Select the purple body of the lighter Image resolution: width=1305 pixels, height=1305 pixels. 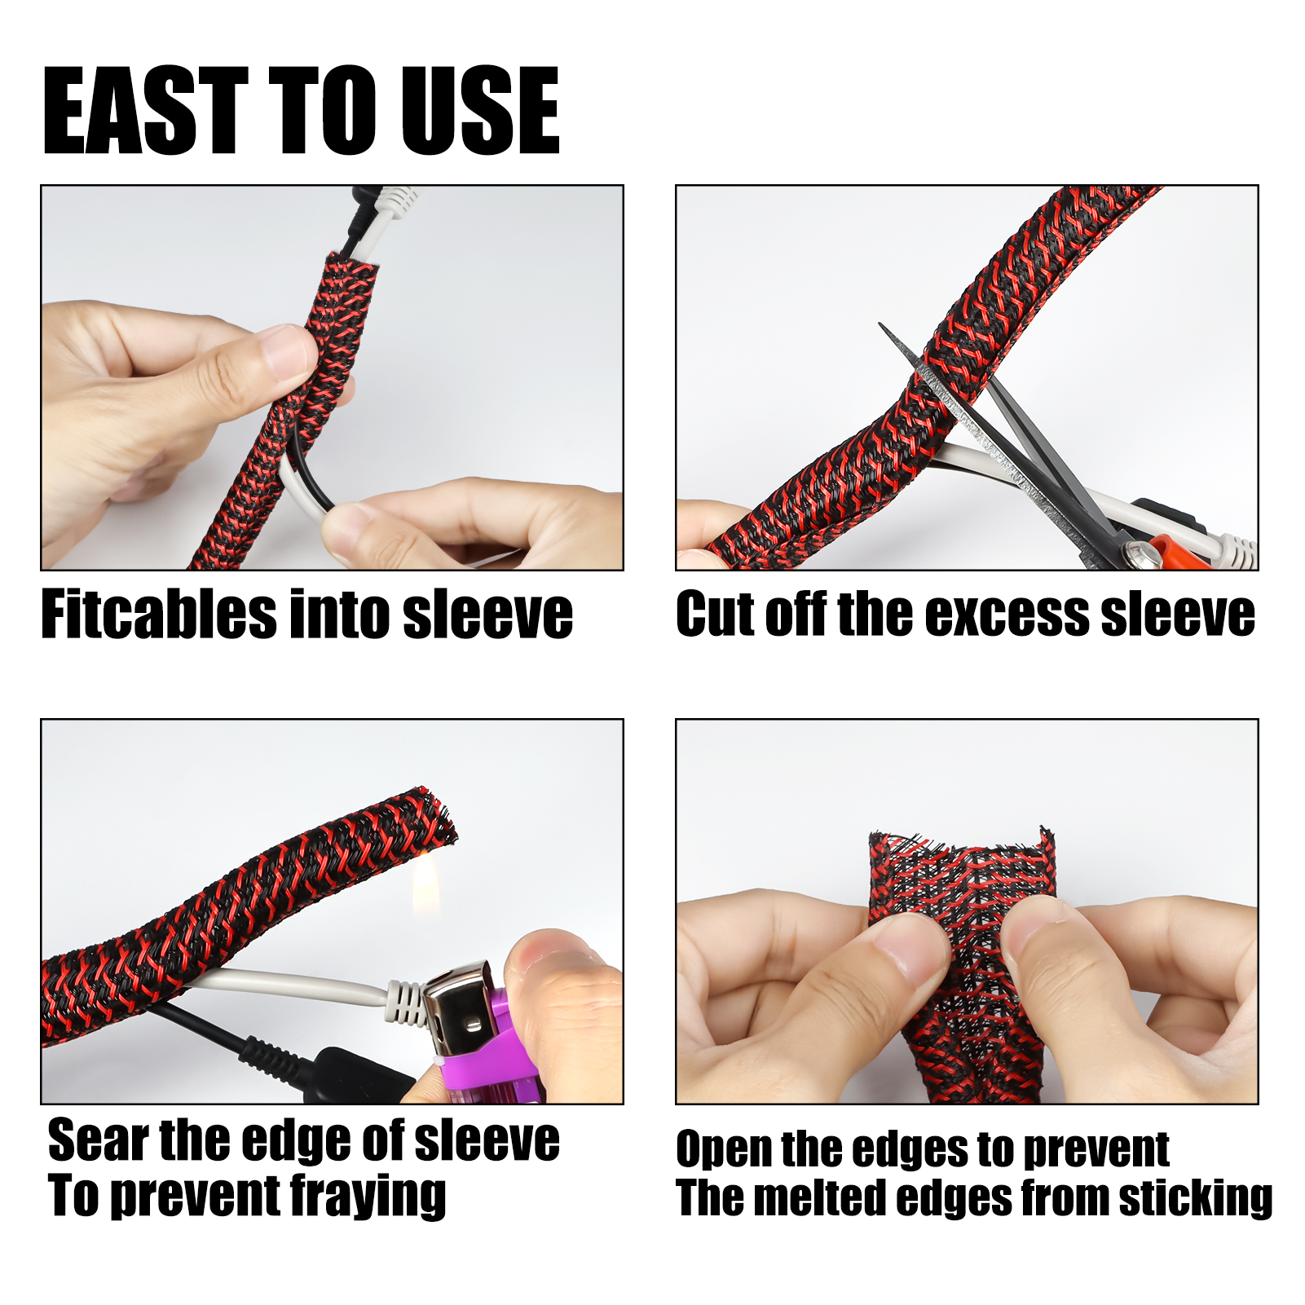tap(489, 1051)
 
